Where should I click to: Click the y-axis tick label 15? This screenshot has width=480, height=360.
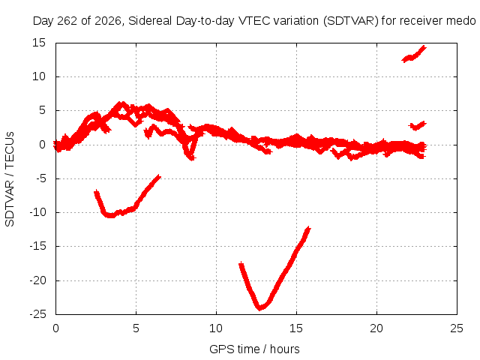(39, 43)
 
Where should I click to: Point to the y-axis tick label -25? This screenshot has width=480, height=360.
(37, 314)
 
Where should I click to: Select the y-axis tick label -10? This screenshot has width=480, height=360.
(37, 212)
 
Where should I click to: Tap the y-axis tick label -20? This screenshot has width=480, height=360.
(37, 280)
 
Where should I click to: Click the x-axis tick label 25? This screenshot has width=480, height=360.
(457, 328)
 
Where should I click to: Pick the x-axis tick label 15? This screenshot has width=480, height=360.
(296, 328)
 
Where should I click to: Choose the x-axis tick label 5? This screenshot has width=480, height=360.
(136, 328)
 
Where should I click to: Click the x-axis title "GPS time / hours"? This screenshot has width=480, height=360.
(254, 349)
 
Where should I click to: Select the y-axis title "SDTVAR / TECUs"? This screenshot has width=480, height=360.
(10, 179)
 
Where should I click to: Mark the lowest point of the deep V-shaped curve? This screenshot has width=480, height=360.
(260, 308)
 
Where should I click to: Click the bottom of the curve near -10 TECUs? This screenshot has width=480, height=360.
(111, 215)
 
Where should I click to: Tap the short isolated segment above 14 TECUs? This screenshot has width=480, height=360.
(414, 54)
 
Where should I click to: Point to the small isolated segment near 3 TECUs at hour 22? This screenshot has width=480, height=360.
(417, 126)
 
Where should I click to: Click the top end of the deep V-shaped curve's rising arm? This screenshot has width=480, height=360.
(308, 228)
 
